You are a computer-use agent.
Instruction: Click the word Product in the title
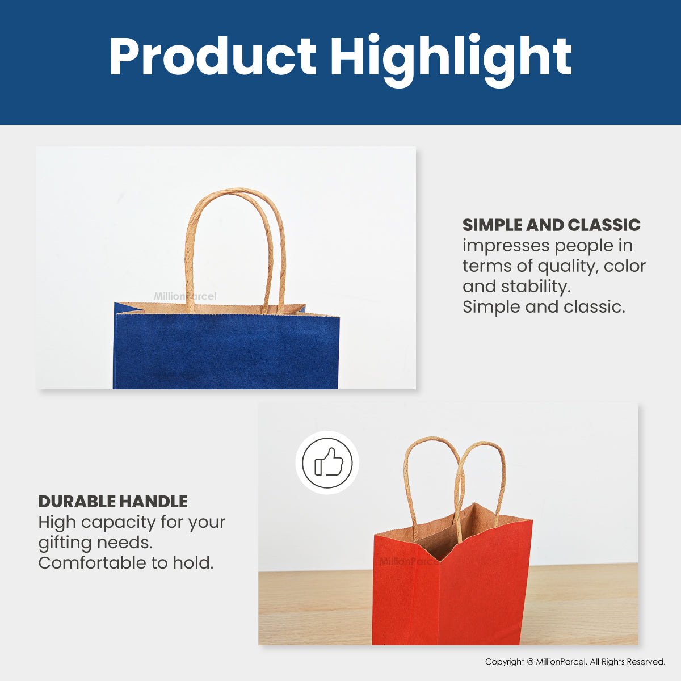point(212,57)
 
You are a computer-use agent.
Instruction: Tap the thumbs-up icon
point(327,463)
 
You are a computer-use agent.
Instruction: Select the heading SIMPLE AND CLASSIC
point(551,225)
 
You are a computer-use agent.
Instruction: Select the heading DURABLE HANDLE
point(113,501)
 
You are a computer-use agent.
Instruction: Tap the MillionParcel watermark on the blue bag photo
point(185,296)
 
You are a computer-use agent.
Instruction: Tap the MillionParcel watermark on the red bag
point(409,562)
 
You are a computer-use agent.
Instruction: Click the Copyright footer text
point(575,662)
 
